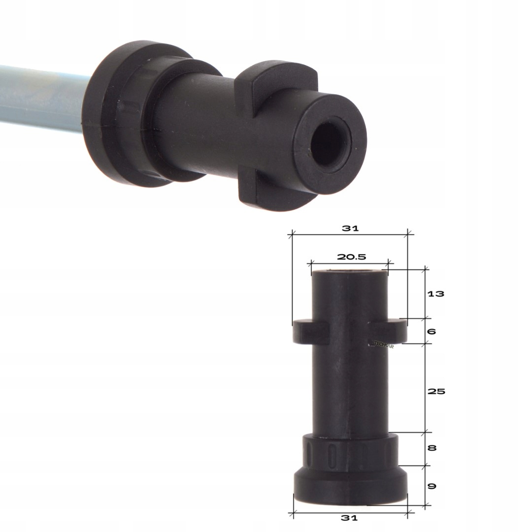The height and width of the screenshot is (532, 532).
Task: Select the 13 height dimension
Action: (436, 294)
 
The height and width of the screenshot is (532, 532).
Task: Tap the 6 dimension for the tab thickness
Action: (431, 332)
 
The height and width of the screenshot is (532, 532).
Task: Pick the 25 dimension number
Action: (436, 392)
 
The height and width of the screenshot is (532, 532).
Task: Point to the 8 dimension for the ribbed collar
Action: (432, 448)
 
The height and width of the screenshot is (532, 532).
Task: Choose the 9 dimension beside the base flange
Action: (432, 486)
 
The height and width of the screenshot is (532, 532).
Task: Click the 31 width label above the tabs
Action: (350, 229)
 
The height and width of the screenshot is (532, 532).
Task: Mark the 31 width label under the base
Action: (349, 518)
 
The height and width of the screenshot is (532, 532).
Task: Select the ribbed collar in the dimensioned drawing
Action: (350, 449)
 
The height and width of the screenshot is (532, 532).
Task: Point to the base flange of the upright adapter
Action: (350, 488)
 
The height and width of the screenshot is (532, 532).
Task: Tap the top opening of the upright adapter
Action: (349, 271)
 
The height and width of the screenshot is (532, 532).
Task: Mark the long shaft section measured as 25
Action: (350, 389)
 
